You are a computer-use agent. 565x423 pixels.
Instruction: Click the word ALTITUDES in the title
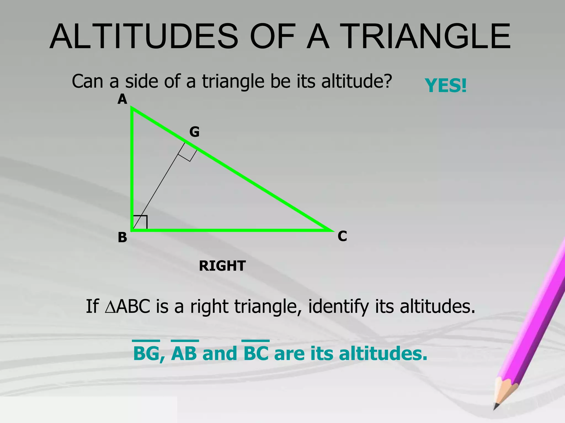[143, 36]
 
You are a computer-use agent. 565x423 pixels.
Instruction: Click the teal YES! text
[445, 85]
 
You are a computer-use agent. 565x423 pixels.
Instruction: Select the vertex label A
[122, 99]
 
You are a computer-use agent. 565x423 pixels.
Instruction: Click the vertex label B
[122, 237]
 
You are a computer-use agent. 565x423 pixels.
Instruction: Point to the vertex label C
[342, 236]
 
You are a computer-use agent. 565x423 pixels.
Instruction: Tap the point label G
[194, 132]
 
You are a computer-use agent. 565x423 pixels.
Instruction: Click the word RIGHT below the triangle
[222, 266]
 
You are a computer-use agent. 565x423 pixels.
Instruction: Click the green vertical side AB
[132, 171]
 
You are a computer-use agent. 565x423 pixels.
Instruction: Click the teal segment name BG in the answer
[146, 353]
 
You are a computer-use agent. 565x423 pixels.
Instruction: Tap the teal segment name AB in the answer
[184, 353]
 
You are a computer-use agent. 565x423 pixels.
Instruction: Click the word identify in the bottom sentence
[338, 306]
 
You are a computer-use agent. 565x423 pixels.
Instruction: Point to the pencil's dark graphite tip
[496, 406]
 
